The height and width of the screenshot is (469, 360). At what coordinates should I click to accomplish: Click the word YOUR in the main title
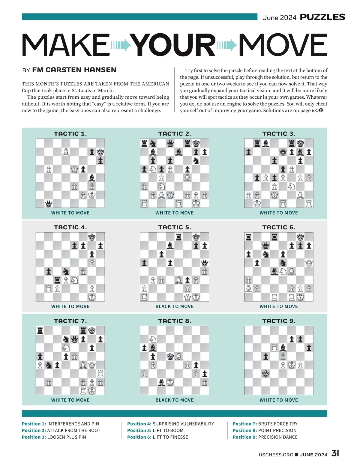tap(174, 45)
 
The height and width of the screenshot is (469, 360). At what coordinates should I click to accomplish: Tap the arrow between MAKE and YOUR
tap(121, 45)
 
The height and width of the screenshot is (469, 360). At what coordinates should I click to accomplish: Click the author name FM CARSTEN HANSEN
tap(74, 70)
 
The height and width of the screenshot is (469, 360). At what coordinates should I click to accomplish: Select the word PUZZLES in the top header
tap(322, 17)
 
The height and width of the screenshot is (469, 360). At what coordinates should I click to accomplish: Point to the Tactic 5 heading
tap(175, 227)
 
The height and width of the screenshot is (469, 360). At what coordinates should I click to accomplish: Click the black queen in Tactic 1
tap(49, 204)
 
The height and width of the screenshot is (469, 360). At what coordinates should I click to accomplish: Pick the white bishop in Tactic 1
tap(66, 152)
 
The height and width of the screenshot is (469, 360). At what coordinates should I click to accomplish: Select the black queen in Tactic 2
tap(170, 143)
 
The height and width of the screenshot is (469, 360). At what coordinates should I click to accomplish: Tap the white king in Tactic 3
tap(257, 204)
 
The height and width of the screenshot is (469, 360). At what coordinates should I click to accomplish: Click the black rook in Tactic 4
tap(57, 280)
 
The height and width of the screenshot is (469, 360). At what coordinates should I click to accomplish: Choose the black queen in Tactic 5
tap(205, 263)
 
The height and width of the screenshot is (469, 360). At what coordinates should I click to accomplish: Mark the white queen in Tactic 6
tap(309, 263)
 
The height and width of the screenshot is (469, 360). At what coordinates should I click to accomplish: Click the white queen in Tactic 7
tap(92, 365)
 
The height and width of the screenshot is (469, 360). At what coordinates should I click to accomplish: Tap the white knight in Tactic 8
tap(153, 339)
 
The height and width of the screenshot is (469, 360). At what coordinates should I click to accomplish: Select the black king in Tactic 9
tap(266, 374)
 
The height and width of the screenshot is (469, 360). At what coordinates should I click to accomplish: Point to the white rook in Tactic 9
tap(274, 348)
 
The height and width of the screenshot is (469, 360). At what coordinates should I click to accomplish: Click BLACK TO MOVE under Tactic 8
tap(175, 400)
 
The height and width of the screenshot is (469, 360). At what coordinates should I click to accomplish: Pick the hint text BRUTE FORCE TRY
tap(278, 424)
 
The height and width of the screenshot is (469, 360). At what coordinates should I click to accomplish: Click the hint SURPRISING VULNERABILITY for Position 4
tap(183, 424)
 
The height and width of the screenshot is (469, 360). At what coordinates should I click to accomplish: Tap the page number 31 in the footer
tap(335, 453)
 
